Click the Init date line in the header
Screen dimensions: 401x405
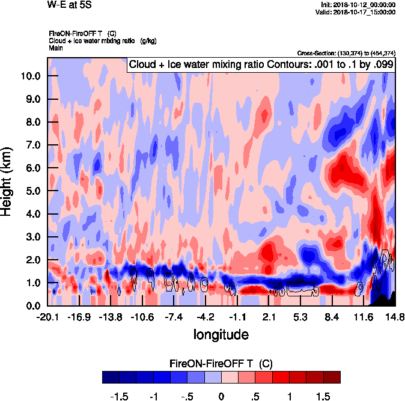(359, 5)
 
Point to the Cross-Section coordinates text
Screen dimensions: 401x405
(346, 53)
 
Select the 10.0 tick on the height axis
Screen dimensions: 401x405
(31, 76)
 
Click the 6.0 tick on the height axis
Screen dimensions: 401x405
(33, 168)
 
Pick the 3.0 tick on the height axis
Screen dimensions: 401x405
(33, 237)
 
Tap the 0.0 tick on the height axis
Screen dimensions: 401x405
(33, 305)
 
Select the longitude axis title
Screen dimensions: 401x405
(221, 334)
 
